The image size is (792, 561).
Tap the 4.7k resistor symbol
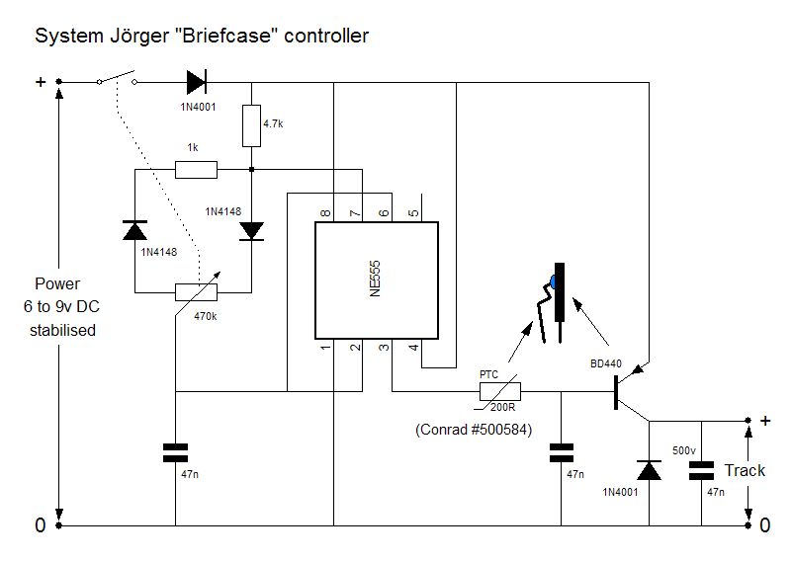[251, 125]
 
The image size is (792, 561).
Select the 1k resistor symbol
[196, 170]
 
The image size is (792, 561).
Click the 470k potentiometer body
[196, 292]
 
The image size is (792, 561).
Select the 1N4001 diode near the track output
[650, 471]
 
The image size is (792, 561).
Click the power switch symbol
[117, 78]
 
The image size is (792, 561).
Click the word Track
[745, 470]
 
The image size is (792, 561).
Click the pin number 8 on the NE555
[325, 211]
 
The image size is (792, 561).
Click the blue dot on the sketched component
[555, 281]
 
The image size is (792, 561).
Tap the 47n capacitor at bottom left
[175, 453]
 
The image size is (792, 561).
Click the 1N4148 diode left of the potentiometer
[134, 231]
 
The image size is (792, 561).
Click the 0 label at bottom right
[764, 526]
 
